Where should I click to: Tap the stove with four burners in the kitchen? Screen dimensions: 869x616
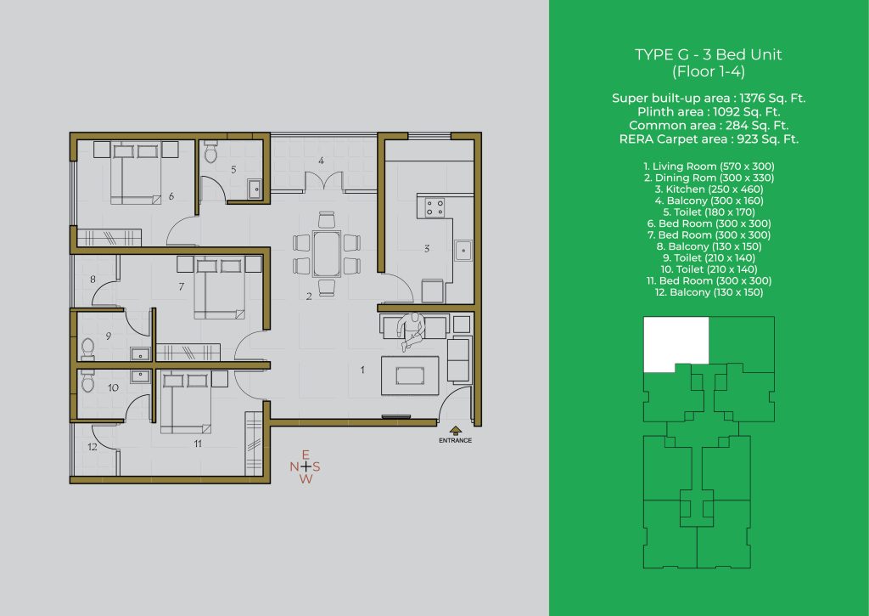[434, 207]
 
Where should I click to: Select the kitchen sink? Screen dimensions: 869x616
[463, 251]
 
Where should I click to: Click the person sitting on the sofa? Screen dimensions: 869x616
[412, 331]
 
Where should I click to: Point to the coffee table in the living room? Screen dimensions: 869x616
[410, 376]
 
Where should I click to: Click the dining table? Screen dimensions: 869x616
[327, 253]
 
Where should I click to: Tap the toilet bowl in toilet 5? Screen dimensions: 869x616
[210, 151]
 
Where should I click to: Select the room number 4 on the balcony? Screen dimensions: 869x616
[321, 161]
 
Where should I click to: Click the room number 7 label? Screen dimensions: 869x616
[182, 286]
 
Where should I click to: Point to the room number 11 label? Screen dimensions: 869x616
[198, 444]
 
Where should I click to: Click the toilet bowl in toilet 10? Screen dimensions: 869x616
[87, 381]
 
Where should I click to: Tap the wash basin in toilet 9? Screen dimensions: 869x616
[140, 354]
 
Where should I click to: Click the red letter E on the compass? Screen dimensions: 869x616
[306, 455]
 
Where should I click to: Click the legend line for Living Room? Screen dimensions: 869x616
[709, 167]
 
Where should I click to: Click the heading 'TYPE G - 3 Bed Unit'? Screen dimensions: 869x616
[709, 54]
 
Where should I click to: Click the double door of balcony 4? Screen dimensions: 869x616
[323, 182]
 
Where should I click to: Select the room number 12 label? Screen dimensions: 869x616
[92, 446]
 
